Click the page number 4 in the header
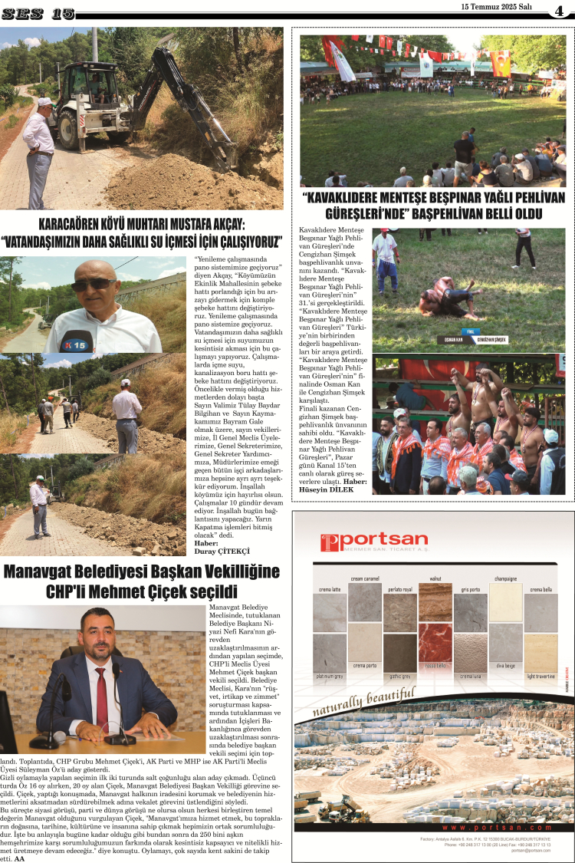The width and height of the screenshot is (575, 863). point(560,10)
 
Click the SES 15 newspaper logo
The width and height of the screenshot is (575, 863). point(38,13)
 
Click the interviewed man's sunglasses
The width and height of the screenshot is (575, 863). point(95,285)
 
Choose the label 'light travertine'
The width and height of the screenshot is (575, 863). point(540,677)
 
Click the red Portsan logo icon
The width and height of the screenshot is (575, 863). point(329,542)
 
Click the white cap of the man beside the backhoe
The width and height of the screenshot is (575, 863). point(45,101)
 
